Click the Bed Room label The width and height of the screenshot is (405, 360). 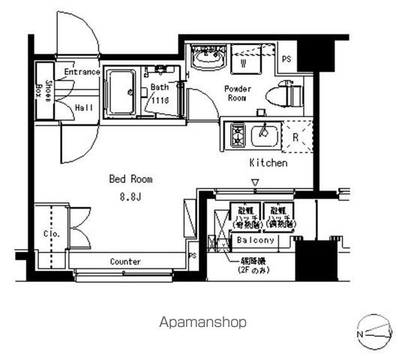pos(131,179)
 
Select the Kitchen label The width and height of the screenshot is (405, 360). pos(268,163)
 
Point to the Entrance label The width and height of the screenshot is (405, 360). pos(82,72)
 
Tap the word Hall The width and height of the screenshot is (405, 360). pos(84,108)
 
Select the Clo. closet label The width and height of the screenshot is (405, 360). pos(51,234)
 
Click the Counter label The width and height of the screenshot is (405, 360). pos(126,262)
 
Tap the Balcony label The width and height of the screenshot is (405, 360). pos(256,240)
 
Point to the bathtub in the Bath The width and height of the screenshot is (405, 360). pos(121,91)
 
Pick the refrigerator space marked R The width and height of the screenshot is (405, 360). pos(295,137)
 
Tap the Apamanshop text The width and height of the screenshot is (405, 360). pos(202,322)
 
